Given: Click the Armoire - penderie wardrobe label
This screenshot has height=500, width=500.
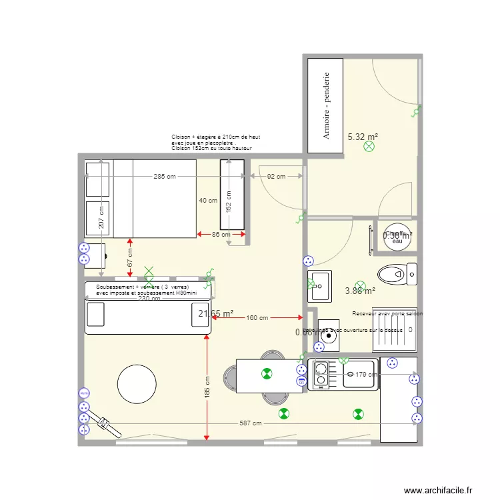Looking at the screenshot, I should pos(327,105).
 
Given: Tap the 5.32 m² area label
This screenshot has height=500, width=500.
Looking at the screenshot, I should pos(363,137).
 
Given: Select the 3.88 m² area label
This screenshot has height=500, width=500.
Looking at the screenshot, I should pos(360,291).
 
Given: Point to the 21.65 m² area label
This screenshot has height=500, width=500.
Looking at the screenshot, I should pos(215,313).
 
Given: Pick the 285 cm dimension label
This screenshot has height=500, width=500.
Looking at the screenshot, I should pos(165,177).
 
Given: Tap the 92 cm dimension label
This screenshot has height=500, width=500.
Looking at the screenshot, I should pos(276,177).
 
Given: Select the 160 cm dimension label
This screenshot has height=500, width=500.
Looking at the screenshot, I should pos(257,318).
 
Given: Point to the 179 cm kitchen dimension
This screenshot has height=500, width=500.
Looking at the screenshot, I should pos(366,375).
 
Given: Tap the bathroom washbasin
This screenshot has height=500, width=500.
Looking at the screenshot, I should pos(320,285).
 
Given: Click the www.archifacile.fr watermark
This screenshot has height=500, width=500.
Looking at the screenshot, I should pos(438,489).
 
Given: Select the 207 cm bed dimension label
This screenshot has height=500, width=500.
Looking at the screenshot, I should pos(101,215).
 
